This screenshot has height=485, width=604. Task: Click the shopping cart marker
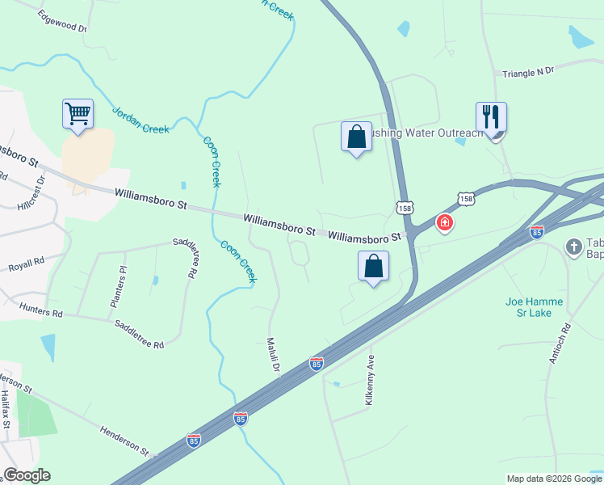tap(78, 113)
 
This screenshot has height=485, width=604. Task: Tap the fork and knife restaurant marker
tap(491, 117)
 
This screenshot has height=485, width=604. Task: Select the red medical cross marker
tap(444, 222)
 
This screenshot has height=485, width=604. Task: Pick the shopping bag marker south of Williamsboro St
tap(373, 266)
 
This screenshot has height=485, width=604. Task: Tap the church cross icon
tap(574, 246)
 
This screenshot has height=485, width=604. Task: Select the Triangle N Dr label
tap(528, 72)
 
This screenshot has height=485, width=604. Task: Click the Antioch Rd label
tap(560, 344)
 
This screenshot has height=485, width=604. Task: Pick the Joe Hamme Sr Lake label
tap(534, 307)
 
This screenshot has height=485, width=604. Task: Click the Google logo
tap(27, 475)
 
